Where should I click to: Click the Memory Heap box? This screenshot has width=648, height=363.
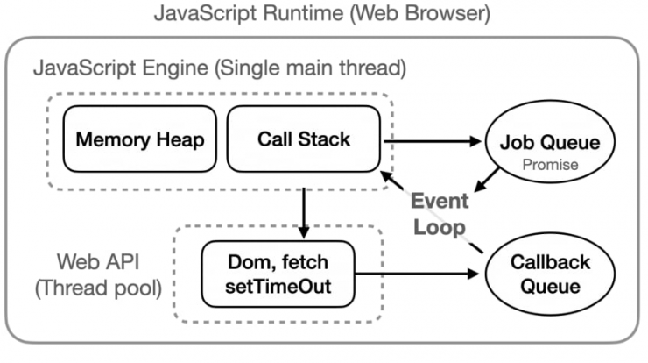[140, 139]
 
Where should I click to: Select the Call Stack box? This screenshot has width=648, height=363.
[304, 139]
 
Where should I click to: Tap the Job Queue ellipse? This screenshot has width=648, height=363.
[550, 141]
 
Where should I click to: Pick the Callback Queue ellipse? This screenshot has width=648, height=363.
[550, 274]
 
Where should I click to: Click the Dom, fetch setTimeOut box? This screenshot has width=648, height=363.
[278, 274]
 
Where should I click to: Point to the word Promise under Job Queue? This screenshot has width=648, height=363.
[550, 165]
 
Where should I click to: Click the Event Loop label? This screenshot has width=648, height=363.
[440, 214]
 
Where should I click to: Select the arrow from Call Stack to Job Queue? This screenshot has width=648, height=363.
[433, 141]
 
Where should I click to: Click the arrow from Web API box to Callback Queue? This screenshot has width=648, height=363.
[417, 274]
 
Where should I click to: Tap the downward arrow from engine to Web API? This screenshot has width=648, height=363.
[304, 213]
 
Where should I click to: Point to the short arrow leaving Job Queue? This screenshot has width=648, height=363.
[487, 180]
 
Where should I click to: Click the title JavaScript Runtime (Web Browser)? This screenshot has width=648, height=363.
[322, 13]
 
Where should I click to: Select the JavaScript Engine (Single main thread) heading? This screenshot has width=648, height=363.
[220, 68]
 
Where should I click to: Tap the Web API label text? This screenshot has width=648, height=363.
[98, 261]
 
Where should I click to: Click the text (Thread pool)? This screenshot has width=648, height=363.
[98, 288]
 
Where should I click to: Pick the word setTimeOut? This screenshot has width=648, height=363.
[278, 287]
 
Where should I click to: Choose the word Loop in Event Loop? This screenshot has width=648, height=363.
[440, 228]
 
